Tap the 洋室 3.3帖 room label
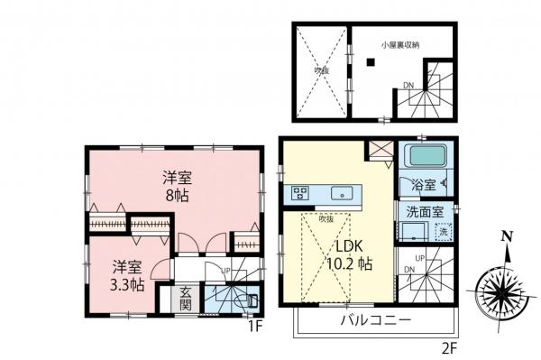click(126, 274)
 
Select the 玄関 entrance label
click(184, 298)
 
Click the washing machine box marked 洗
click(442, 232)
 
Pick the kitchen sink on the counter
click(342, 192)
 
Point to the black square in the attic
click(370, 61)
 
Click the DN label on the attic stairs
click(408, 87)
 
